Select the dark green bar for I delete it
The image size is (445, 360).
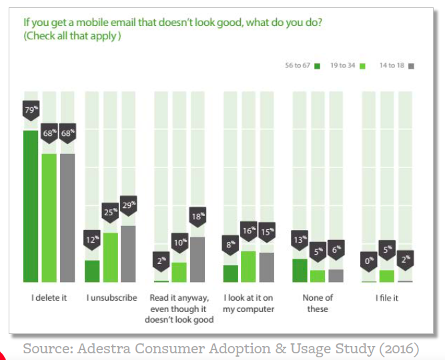tap(31, 207)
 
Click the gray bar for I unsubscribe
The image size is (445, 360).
tap(129, 254)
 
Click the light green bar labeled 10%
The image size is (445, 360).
tap(179, 272)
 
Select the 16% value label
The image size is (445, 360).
tap(248, 231)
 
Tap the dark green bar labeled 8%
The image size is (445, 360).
tap(230, 273)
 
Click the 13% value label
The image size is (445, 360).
tap(300, 239)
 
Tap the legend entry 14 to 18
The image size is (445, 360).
tap(396, 66)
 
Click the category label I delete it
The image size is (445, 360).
tap(49, 298)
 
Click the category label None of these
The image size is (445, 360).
tap(318, 303)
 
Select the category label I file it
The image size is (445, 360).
tap(386, 298)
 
